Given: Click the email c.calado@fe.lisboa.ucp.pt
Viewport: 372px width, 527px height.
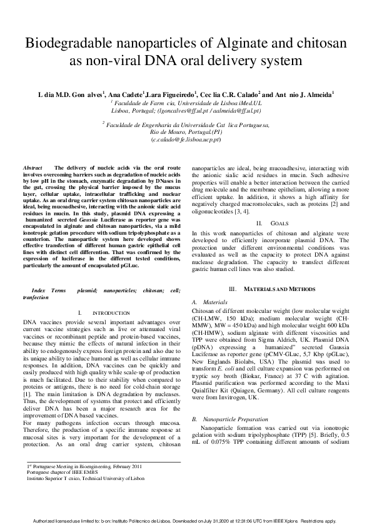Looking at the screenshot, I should [186, 140].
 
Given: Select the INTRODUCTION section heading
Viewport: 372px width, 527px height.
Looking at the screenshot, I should [111, 312].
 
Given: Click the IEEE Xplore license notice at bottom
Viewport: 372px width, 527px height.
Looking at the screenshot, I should [186, 520].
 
